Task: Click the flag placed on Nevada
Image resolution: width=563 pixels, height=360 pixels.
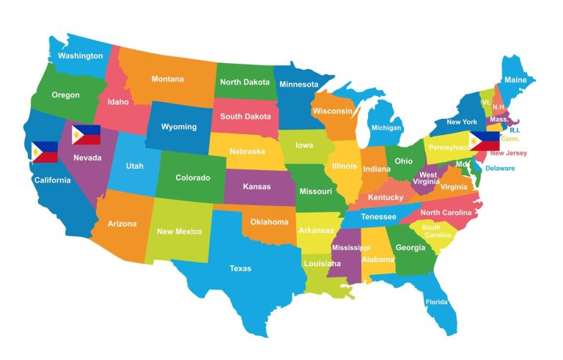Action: pos(86,135)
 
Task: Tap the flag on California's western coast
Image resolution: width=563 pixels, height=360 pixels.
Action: pos(44,152)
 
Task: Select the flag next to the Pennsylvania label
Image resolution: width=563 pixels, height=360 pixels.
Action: pos(485,141)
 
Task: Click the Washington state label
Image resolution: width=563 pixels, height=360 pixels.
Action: pos(80,56)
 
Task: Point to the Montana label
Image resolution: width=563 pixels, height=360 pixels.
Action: pos(167,79)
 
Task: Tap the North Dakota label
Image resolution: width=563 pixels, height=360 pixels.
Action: pos(246,82)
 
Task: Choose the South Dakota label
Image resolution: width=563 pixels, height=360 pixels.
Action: pos(245,116)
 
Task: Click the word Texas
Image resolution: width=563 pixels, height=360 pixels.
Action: pos(240,268)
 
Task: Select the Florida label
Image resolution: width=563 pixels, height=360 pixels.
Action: pos(437,301)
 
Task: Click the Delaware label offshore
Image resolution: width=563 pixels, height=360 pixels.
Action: pos(500,168)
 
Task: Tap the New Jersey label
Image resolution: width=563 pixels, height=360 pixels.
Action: pos(508,153)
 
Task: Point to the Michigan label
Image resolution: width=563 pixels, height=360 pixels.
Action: pos(386,128)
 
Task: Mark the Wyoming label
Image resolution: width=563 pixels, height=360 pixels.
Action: pos(179,126)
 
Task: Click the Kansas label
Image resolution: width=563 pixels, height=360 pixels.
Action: pos(257,186)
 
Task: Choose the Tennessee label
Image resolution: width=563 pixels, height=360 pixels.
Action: pos(378,216)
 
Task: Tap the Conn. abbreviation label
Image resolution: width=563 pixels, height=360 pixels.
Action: pos(510,139)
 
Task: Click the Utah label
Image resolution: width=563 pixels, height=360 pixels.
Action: pos(134,166)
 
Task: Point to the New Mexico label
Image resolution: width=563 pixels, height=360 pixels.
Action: pos(179,232)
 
